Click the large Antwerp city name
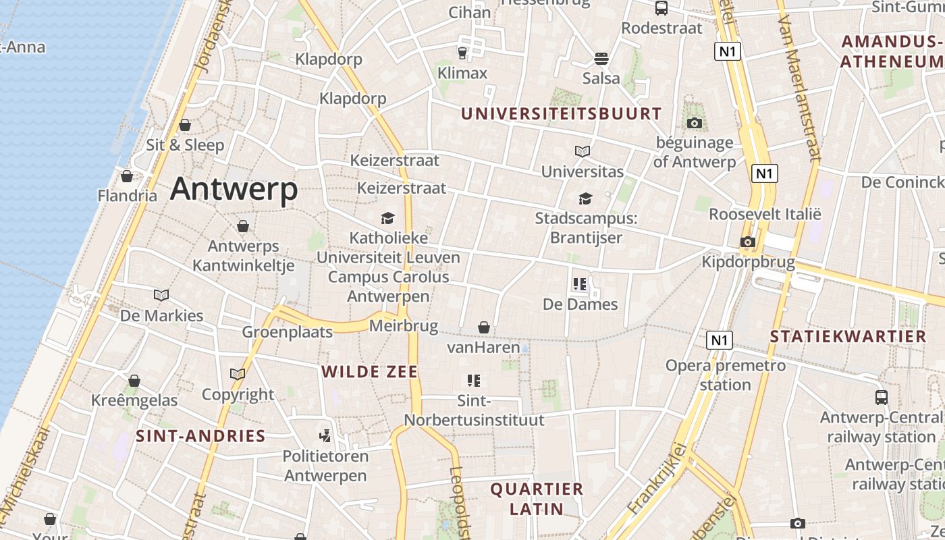pyautogui.click(x=234, y=189)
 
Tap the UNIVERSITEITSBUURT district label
pyautogui.click(x=561, y=113)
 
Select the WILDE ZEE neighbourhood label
pyautogui.click(x=369, y=371)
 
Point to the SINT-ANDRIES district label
pyautogui.click(x=200, y=435)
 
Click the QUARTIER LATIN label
pyautogui.click(x=537, y=498)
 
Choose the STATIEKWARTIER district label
pyautogui.click(x=848, y=336)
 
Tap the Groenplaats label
pyautogui.click(x=288, y=331)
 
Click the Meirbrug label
pyautogui.click(x=404, y=327)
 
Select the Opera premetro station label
pyautogui.click(x=726, y=375)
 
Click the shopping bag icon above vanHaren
pyautogui.click(x=484, y=327)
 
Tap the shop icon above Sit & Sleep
pyautogui.click(x=185, y=125)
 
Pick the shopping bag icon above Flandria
pyautogui.click(x=127, y=176)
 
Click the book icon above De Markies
pyautogui.click(x=161, y=295)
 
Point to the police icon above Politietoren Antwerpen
pyautogui.click(x=325, y=435)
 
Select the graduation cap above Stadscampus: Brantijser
pyautogui.click(x=585, y=198)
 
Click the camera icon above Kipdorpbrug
pyautogui.click(x=747, y=242)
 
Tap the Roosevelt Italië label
pyautogui.click(x=765, y=214)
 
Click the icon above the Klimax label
pyautogui.click(x=462, y=53)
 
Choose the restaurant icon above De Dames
pyautogui.click(x=580, y=284)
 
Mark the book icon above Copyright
pyautogui.click(x=238, y=374)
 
